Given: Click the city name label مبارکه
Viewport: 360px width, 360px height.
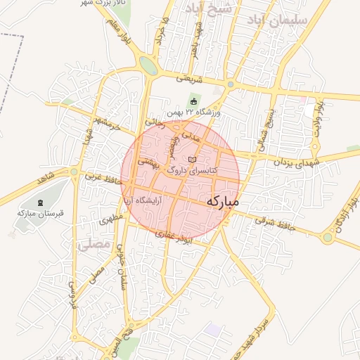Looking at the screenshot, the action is pos(223,202).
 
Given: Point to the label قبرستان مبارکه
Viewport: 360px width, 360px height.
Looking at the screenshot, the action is pos(36,212).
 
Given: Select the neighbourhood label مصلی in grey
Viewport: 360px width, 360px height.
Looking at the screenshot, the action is pos(96,245).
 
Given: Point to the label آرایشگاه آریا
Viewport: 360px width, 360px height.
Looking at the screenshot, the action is pos(143,200).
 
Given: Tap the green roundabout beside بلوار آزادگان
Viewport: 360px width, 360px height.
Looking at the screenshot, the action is pos(328,238).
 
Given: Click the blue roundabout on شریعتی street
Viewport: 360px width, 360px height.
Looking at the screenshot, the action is pos(230,84).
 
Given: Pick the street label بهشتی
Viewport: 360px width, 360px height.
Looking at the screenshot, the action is pos(150,162).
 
